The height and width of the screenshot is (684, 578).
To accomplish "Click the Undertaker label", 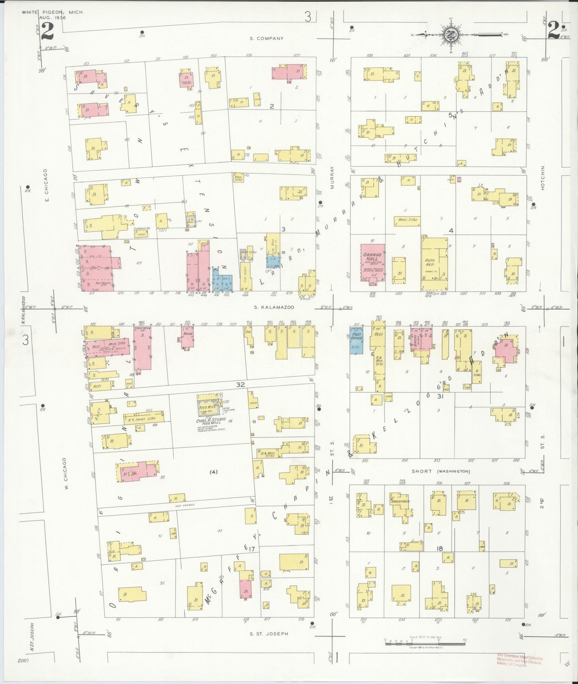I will pos(400,502).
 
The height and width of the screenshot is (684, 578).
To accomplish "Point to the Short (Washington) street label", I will pos(441,471).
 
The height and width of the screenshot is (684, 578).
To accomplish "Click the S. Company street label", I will pos(267,38).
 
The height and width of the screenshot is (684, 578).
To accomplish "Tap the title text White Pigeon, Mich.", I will pos(53,12).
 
